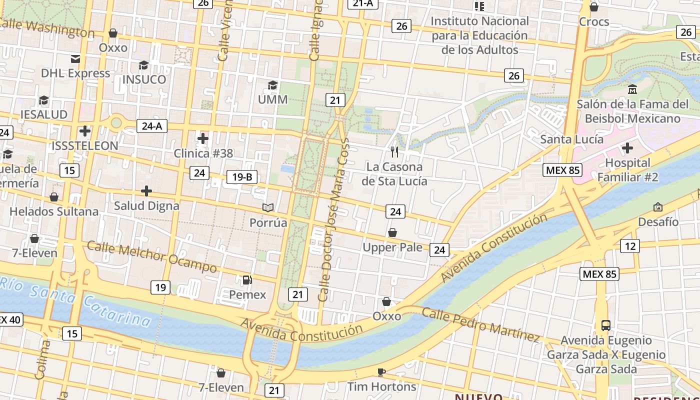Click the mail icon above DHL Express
(x=75, y=59)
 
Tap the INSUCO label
(x=144, y=79)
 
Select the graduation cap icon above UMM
(x=272, y=85)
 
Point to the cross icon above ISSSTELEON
(x=85, y=131)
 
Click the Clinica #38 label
(x=203, y=153)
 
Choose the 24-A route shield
(x=152, y=126)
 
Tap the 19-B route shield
(x=242, y=176)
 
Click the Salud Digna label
(x=146, y=205)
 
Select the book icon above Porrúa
(x=268, y=207)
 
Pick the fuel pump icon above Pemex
(x=247, y=280)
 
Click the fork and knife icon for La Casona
(x=394, y=151)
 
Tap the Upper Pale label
(x=392, y=247)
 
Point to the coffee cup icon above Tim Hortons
(x=381, y=372)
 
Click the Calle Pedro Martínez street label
(x=480, y=324)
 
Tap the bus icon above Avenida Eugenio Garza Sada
(x=606, y=325)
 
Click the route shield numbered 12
(x=630, y=246)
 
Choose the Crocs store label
(x=594, y=21)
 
